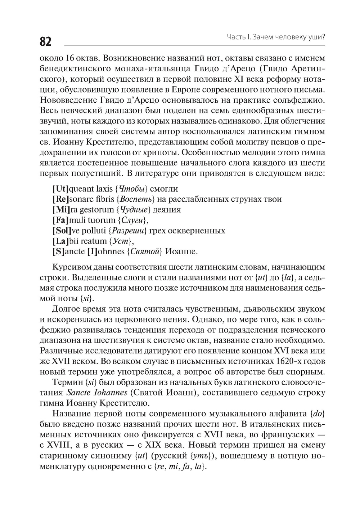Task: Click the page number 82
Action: pos(45,41)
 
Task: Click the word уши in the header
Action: pos(316,36)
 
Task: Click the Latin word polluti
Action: pos(96,230)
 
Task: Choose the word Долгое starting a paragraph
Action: pos(66,309)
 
